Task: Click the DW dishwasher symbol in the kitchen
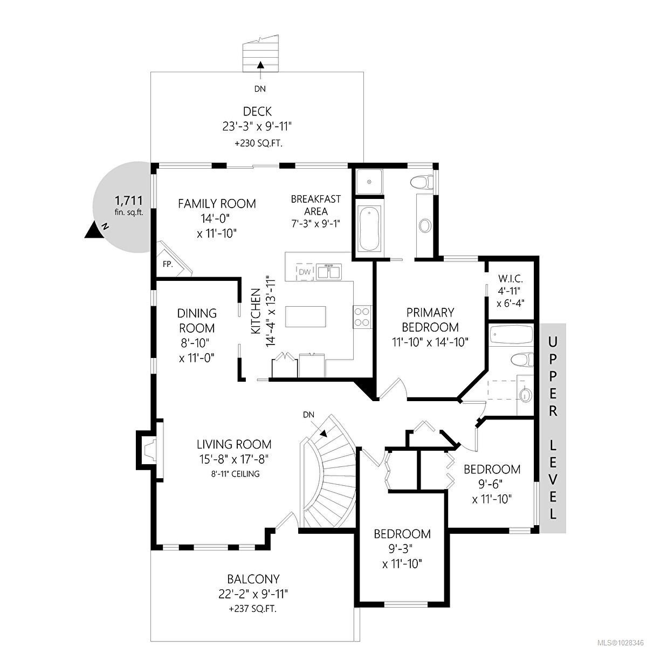305,272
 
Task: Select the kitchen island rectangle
306,316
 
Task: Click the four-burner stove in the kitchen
362,316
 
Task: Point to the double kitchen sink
328,272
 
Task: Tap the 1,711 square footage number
129,201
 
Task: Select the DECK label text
257,112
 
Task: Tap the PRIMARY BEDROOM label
430,319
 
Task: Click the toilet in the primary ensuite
422,182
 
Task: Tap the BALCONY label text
253,579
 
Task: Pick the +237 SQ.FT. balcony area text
253,609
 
